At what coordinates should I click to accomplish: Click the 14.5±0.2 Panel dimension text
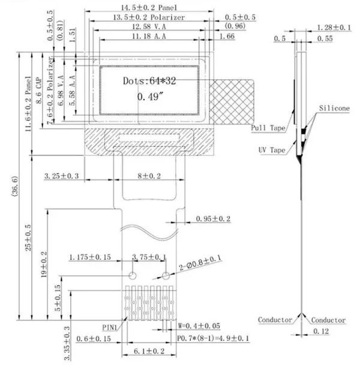click(x=149, y=7)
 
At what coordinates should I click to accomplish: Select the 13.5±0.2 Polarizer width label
click(x=149, y=17)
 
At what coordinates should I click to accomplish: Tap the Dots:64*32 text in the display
click(x=149, y=81)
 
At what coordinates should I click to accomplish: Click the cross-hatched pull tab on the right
click(x=232, y=102)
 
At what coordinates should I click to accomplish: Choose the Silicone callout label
click(x=334, y=109)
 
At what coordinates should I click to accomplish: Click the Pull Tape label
click(x=268, y=128)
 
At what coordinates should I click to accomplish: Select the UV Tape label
click(x=272, y=150)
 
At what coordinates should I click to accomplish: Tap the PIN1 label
click(x=109, y=328)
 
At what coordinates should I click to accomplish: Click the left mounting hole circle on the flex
click(x=133, y=275)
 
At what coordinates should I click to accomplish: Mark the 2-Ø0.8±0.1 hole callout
click(x=200, y=263)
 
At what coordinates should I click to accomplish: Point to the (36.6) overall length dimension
click(x=15, y=186)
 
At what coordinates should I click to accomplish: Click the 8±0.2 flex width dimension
click(x=149, y=176)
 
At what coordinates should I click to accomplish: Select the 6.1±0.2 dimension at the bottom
click(x=149, y=351)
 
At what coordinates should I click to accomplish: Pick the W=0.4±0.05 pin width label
click(x=199, y=326)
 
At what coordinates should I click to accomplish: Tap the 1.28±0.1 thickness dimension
click(x=334, y=28)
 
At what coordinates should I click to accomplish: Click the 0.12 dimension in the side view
click(x=321, y=331)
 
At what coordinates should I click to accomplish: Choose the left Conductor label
click(x=275, y=320)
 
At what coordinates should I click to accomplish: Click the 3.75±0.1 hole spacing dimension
click(x=149, y=257)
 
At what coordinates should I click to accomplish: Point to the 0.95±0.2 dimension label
click(x=213, y=219)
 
